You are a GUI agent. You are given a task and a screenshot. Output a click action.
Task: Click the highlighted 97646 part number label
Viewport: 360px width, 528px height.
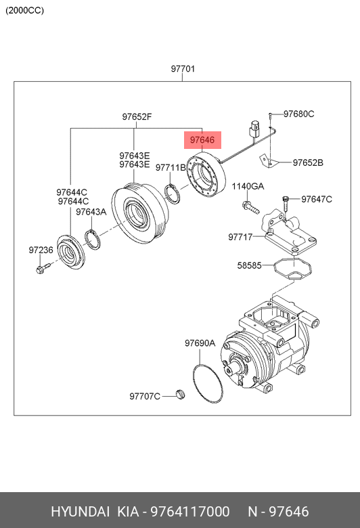202,139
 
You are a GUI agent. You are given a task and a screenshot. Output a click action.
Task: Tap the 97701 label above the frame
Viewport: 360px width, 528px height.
183,68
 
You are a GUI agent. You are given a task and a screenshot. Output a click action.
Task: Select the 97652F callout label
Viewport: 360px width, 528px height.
137,117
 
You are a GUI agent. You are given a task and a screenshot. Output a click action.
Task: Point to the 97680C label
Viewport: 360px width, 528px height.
298,114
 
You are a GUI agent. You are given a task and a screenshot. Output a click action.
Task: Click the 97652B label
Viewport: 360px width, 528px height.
308,162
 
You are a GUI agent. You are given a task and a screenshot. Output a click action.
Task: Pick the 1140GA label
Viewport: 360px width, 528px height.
248,186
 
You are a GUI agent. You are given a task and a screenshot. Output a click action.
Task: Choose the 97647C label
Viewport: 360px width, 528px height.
317,199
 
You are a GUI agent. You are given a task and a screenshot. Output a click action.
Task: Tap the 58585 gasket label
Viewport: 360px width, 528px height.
249,265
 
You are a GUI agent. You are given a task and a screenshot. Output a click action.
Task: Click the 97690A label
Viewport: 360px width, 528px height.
200,343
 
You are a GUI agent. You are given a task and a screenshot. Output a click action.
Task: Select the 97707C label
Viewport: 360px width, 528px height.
145,396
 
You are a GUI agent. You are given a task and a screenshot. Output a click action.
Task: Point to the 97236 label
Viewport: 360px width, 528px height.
41,250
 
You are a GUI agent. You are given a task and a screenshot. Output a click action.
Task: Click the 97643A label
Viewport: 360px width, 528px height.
91,212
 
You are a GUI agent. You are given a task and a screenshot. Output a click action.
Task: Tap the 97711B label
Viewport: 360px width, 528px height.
171,167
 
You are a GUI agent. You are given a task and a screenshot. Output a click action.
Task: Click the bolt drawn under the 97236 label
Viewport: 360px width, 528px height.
42,268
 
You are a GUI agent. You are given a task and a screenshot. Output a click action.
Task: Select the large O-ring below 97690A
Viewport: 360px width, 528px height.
208,384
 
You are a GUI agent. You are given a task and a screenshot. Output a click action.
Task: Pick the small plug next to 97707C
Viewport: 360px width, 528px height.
181,394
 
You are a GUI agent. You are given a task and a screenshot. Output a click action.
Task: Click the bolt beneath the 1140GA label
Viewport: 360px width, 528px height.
250,206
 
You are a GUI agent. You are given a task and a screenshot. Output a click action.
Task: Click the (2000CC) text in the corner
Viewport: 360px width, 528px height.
24,10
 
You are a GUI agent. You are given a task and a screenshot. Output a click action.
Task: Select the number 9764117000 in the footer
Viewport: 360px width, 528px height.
190,512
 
